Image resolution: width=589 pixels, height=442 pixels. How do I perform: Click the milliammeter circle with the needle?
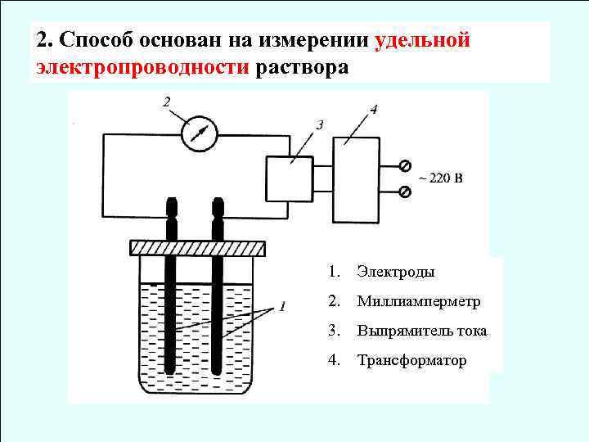(198, 133)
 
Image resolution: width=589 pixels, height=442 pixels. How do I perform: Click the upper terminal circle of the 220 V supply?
(403, 165)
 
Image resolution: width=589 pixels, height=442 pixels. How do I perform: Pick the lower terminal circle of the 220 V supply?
(403, 192)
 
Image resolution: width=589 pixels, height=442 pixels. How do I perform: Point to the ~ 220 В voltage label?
(439, 178)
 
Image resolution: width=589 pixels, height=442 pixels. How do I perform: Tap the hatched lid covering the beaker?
(199, 247)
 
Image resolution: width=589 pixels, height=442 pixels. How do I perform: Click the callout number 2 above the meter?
(167, 102)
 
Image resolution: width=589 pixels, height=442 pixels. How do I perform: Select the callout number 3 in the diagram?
(319, 124)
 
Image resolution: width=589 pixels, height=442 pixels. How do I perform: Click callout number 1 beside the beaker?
(281, 307)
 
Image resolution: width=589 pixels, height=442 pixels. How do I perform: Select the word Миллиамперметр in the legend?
(418, 301)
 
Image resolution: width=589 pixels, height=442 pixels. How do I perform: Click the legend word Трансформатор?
(411, 360)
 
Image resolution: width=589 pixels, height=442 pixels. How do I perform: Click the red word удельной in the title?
(423, 40)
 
